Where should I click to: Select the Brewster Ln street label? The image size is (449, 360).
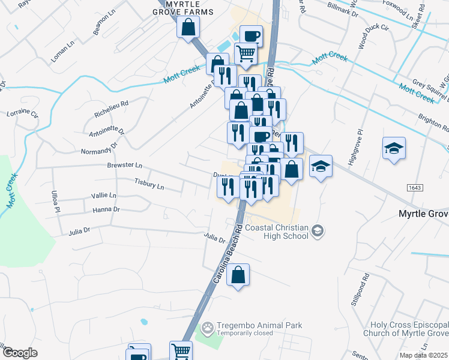pyautogui.click(x=124, y=165)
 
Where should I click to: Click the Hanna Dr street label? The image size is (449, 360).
pyautogui.click(x=107, y=209)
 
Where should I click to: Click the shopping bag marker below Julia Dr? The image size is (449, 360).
pyautogui.click(x=238, y=275)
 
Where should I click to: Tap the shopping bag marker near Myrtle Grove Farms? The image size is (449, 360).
pyautogui.click(x=188, y=26)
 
